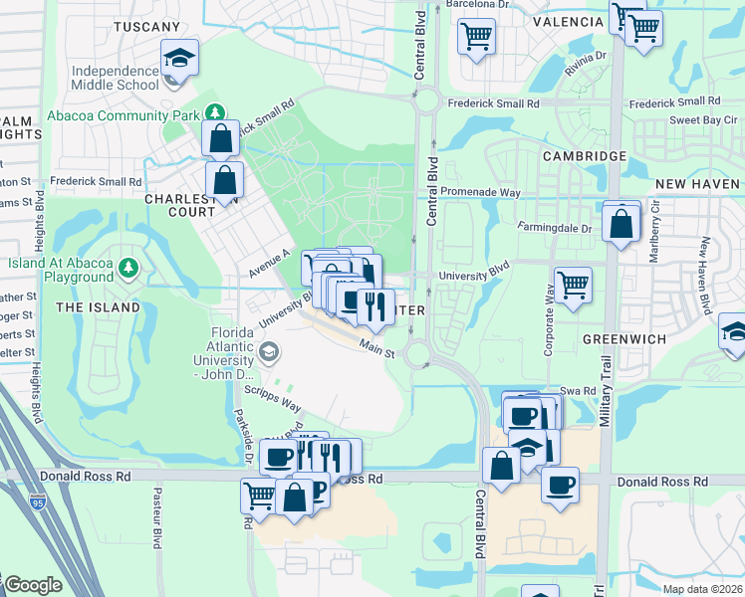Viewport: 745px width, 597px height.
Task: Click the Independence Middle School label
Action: click(x=115, y=78)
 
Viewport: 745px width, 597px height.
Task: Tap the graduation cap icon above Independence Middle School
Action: click(x=179, y=58)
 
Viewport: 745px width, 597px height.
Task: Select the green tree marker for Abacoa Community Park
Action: click(x=211, y=110)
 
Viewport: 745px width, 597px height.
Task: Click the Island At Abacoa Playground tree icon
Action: click(x=127, y=267)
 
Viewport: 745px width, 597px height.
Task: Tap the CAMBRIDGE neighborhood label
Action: click(x=584, y=156)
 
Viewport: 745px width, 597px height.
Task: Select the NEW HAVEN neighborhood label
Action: click(x=697, y=184)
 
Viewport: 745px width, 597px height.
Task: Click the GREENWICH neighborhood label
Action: click(x=624, y=338)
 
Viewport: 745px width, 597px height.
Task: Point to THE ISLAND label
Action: click(x=98, y=307)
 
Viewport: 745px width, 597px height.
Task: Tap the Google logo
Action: click(x=32, y=584)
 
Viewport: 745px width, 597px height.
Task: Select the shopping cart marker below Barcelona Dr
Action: click(x=476, y=37)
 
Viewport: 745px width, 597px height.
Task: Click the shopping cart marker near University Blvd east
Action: click(x=574, y=284)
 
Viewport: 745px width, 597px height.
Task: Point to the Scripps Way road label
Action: click(x=278, y=401)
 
